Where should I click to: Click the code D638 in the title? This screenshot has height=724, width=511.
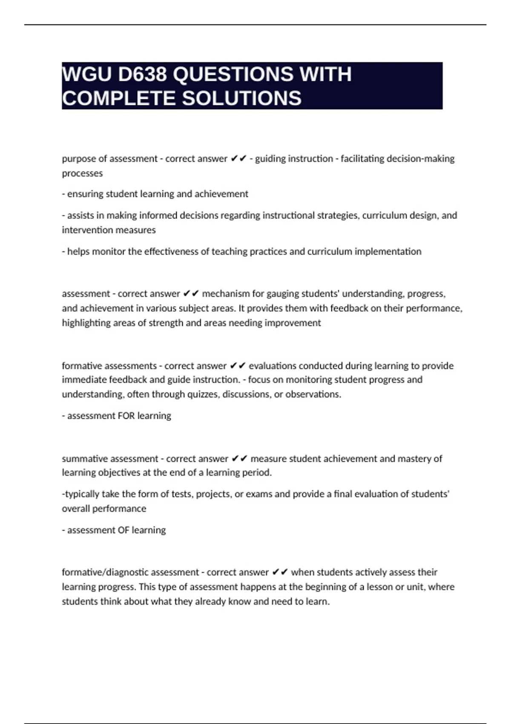[142, 75]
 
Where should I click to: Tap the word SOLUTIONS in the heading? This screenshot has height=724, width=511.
[241, 98]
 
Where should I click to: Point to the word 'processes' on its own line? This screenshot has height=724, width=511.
[82, 173]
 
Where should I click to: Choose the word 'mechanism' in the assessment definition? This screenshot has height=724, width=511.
[226, 294]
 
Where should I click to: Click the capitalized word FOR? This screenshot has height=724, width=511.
[126, 416]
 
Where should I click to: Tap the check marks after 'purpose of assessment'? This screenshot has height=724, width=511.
[238, 159]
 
